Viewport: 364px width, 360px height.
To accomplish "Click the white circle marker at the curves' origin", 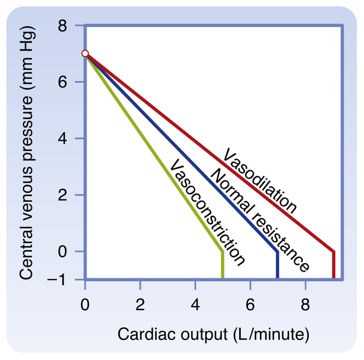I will coord(85,53).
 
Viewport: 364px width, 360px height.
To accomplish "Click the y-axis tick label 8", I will coord(62,25).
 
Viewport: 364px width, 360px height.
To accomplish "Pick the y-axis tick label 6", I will coord(62,82).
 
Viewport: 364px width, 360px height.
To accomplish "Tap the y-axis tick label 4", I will coord(62,138).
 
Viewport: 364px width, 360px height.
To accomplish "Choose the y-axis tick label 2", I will coord(62,195).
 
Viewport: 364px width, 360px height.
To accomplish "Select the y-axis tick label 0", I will coord(62,251).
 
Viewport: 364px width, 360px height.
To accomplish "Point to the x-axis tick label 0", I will coord(85,302).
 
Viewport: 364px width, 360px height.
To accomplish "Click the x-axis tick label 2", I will coord(140,302).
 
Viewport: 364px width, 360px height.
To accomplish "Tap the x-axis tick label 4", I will coord(195,302).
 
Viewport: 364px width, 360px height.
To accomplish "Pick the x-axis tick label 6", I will coord(250,302).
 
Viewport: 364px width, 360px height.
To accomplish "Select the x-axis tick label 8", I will coord(305,302).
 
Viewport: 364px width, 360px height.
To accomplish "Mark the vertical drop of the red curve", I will coord(333,265).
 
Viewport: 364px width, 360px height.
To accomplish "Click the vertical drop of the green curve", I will coord(223,265).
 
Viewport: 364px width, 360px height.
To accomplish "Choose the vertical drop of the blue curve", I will coord(278,265).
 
